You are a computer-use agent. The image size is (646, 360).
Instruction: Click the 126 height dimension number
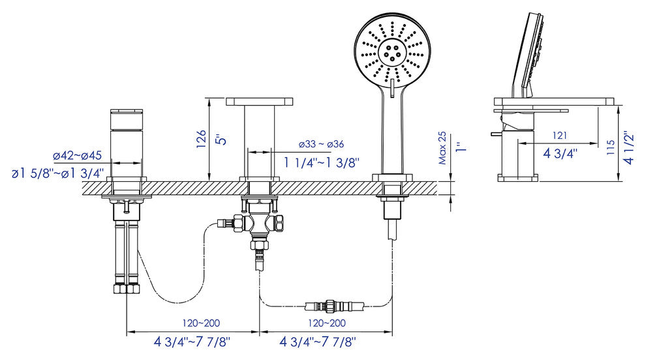(x=201, y=139)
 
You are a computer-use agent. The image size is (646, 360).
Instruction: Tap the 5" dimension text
(x=222, y=138)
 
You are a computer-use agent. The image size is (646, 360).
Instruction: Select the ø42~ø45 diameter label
(x=78, y=156)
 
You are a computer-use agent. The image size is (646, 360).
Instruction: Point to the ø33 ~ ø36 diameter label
(x=321, y=144)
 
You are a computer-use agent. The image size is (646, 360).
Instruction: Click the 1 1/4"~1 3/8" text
(x=322, y=162)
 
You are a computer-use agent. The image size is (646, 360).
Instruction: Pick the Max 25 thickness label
(x=442, y=148)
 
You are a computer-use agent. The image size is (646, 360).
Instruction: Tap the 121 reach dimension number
(x=560, y=135)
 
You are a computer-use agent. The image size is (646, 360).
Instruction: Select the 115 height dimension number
(x=611, y=147)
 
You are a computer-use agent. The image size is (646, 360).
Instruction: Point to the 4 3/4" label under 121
(x=561, y=154)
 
